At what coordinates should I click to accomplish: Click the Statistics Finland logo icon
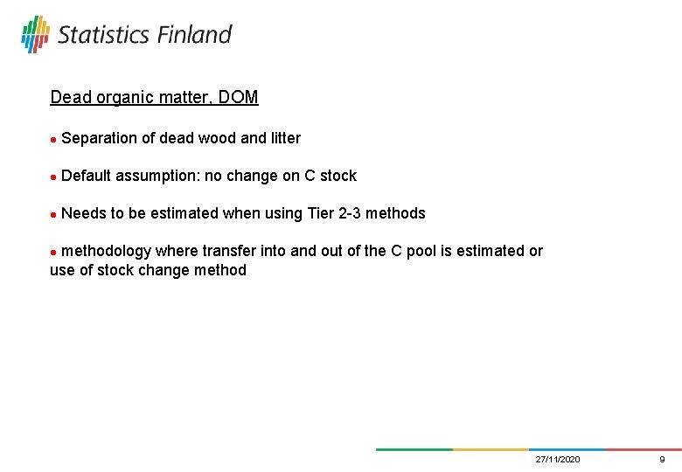tap(36, 34)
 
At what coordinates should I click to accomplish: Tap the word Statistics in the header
tap(104, 34)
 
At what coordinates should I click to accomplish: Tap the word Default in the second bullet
tap(87, 176)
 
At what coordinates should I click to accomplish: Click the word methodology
tap(107, 251)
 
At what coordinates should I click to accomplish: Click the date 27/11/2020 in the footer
tap(558, 460)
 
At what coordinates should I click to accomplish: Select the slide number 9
tap(662, 460)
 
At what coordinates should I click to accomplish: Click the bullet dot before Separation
tap(53, 139)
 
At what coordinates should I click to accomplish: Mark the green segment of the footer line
tap(414, 449)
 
